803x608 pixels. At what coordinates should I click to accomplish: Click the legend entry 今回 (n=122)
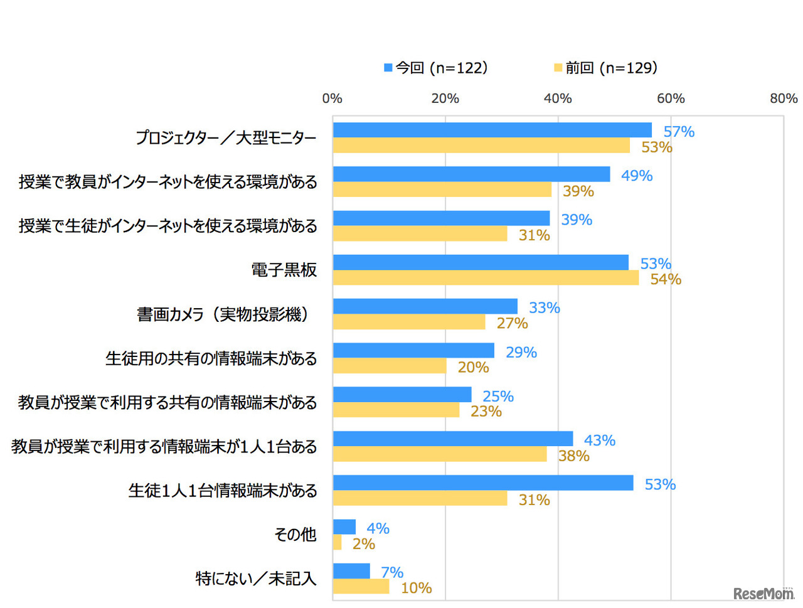coord(436,68)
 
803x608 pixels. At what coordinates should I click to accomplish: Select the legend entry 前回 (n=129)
coord(606,68)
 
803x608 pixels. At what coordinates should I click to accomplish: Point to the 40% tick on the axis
coord(558,99)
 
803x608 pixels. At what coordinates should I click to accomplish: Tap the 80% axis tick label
coord(784,99)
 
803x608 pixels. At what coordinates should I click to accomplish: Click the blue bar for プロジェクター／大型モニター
coord(492,130)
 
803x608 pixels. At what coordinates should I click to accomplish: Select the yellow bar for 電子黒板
coord(486,278)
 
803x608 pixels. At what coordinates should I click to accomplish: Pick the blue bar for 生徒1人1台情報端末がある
coord(483,483)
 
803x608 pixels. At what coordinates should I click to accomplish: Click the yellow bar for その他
coord(338,543)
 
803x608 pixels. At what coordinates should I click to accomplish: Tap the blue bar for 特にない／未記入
coord(351,571)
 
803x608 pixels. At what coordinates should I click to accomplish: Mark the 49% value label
coord(637,176)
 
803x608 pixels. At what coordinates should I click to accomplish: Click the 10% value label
coord(416,588)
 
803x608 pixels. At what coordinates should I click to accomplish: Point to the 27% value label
coord(512,323)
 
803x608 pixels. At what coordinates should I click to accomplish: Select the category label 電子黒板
coord(284,270)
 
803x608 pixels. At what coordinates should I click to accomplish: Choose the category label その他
coord(295,535)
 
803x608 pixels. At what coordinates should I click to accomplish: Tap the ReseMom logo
coord(763,593)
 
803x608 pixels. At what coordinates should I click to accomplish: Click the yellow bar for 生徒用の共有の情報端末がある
coord(390,366)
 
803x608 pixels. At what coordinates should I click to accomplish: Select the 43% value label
coord(599,440)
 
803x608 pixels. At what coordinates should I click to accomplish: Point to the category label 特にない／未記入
coord(255,579)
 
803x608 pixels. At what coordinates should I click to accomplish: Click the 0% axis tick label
coord(332,99)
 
